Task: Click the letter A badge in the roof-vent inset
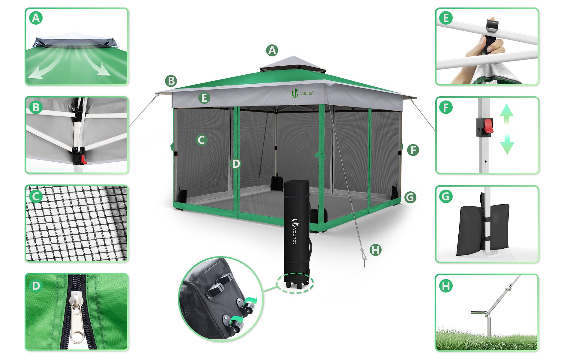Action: [36, 18]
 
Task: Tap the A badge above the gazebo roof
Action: [272, 50]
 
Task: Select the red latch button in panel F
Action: [488, 126]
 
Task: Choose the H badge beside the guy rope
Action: [375, 250]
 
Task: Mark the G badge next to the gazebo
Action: [410, 197]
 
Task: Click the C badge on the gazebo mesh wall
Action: [201, 140]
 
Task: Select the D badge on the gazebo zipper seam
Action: [236, 163]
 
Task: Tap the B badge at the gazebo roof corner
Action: [171, 81]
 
